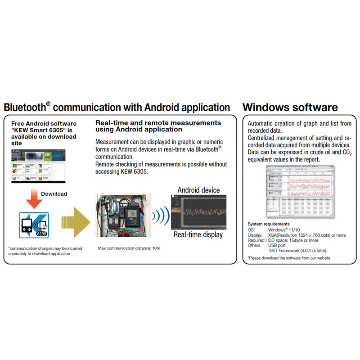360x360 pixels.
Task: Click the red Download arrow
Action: (32, 196)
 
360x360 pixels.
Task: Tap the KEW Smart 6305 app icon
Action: (33, 224)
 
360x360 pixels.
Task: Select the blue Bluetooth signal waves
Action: (161, 215)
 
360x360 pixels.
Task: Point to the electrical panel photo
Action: (121, 215)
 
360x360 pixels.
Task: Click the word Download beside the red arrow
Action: (54, 194)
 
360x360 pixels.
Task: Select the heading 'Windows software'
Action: (290, 108)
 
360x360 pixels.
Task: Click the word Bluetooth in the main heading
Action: (24, 108)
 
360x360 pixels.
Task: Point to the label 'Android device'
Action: (198, 190)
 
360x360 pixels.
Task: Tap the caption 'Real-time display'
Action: (198, 234)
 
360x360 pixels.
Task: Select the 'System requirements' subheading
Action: (269, 224)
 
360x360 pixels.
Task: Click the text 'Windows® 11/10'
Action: (283, 229)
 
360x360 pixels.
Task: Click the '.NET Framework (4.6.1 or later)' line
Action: (297, 250)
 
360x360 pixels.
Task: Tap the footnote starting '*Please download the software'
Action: (289, 258)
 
